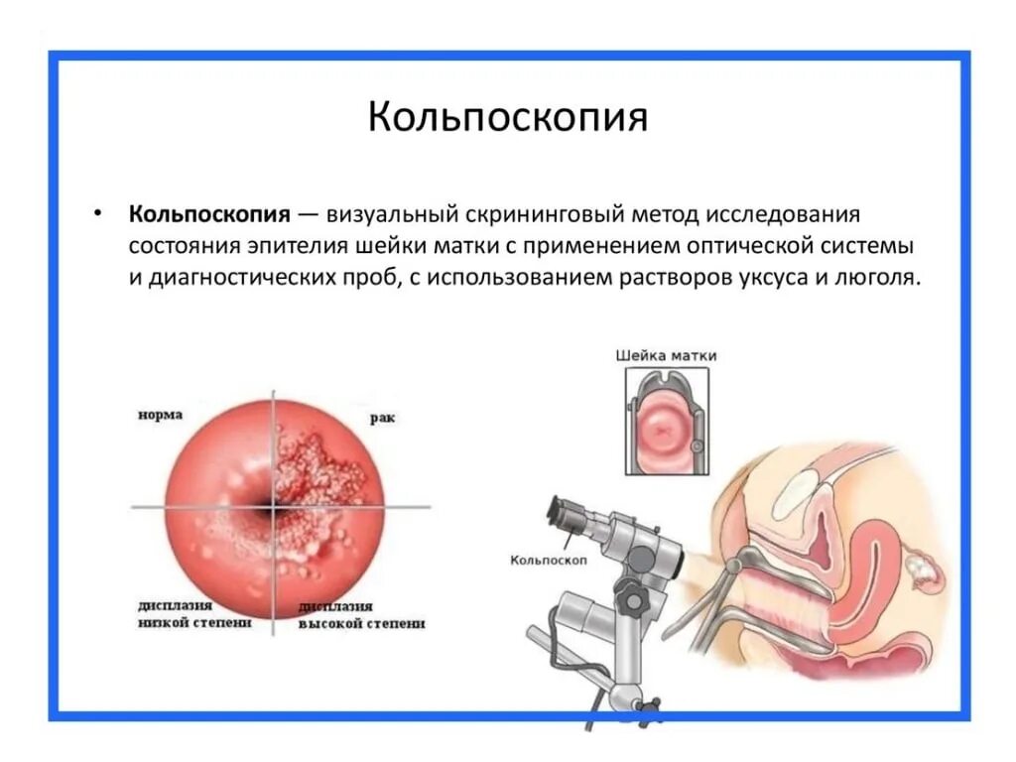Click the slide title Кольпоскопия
(x=507, y=117)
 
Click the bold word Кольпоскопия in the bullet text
(x=208, y=215)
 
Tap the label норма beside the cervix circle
(x=160, y=415)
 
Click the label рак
(x=382, y=419)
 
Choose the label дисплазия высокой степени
(x=361, y=614)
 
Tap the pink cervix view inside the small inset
(x=664, y=430)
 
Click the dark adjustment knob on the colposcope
(x=629, y=595)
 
